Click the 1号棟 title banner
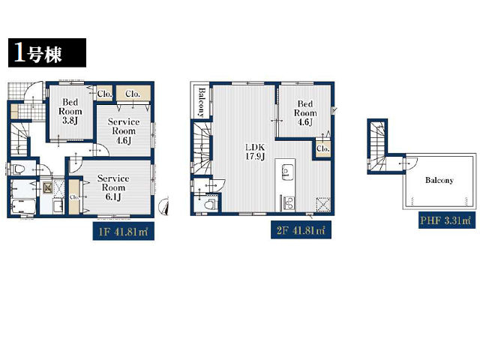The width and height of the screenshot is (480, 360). click(47, 52)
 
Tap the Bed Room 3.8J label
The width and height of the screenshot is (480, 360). click(70, 111)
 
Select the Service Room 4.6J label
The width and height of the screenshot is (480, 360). click(124, 131)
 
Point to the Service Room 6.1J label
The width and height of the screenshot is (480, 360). click(113, 187)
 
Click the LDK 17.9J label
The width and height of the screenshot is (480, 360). click(255, 151)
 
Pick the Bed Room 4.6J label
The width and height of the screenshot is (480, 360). click(305, 113)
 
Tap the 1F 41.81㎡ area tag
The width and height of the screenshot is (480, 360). click(123, 232)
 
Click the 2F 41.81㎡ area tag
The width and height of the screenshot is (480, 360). click(301, 230)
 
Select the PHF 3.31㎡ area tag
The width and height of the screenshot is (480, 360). click(447, 220)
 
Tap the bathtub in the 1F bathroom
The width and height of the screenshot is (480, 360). click(23, 207)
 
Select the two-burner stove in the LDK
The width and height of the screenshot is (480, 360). click(288, 202)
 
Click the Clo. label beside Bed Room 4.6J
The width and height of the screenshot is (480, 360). click(323, 148)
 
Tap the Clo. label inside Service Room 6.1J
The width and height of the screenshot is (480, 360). click(74, 197)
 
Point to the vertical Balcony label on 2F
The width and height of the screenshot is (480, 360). click(202, 102)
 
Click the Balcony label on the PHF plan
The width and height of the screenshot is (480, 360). click(439, 180)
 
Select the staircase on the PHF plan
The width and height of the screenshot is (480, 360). click(377, 146)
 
